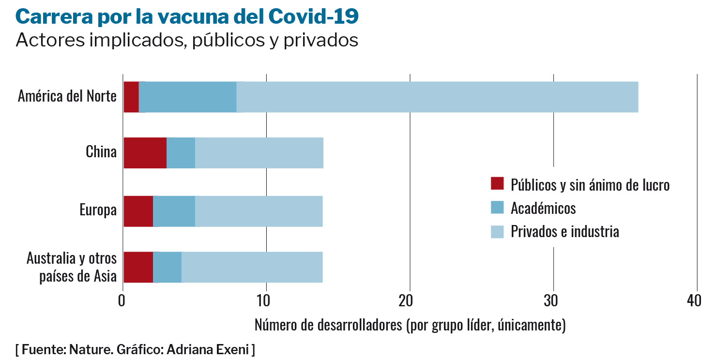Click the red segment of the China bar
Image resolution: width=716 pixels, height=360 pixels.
point(145,153)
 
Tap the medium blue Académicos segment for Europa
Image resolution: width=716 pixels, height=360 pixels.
point(174,211)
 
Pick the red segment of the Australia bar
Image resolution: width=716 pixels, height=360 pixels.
point(138,267)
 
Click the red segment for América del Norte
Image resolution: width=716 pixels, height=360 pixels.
point(131,97)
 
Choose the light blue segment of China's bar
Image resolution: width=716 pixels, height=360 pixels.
point(259,153)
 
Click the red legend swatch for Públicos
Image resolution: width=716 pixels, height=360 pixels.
point(497,184)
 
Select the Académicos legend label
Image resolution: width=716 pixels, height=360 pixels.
point(543,208)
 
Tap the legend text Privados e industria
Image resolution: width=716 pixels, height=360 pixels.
point(564,231)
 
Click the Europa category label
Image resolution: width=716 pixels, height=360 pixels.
point(98,210)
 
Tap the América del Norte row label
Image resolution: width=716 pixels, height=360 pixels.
point(67,96)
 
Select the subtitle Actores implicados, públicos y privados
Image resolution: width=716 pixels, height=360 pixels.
point(187,40)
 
